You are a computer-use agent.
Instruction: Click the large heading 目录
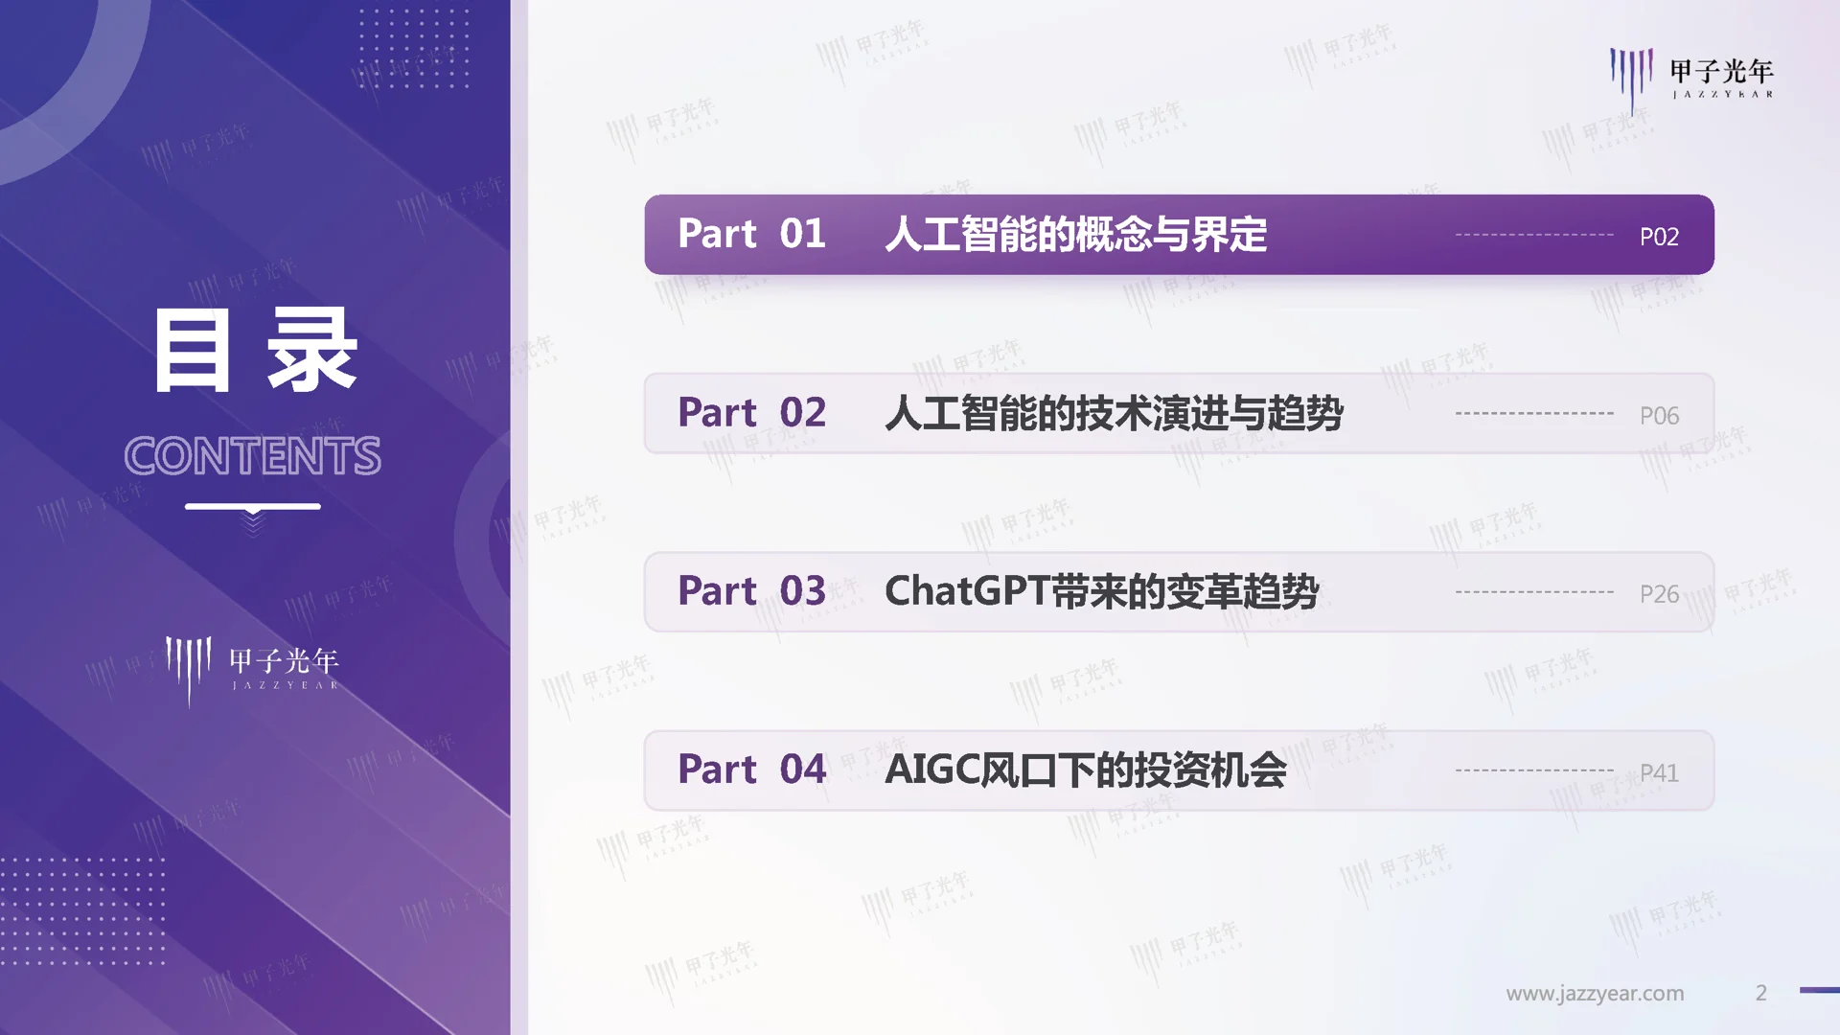(x=255, y=351)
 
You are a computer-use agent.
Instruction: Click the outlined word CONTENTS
(x=252, y=456)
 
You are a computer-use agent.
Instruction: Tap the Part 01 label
(x=751, y=234)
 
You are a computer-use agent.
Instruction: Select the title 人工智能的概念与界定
(x=1075, y=235)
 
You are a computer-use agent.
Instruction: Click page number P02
(x=1659, y=237)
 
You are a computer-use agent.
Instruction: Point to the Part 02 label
(x=751, y=413)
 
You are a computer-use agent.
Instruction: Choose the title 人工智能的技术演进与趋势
(x=1114, y=413)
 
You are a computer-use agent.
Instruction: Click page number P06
(x=1659, y=416)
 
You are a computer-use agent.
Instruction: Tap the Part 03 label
(x=751, y=591)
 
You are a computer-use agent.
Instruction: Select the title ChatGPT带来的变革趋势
(x=1101, y=591)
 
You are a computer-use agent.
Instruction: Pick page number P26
(x=1659, y=594)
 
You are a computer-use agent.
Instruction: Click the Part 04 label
(x=751, y=770)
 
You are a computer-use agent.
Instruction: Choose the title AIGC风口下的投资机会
(x=1085, y=770)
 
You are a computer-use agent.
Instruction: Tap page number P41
(x=1659, y=772)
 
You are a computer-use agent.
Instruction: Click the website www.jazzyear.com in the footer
(x=1595, y=994)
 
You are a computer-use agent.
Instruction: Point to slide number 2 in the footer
(x=1760, y=994)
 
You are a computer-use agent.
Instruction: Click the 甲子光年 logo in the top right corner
(x=1691, y=77)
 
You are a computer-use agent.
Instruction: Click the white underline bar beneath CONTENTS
(x=252, y=506)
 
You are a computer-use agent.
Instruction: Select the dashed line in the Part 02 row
(x=1534, y=413)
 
